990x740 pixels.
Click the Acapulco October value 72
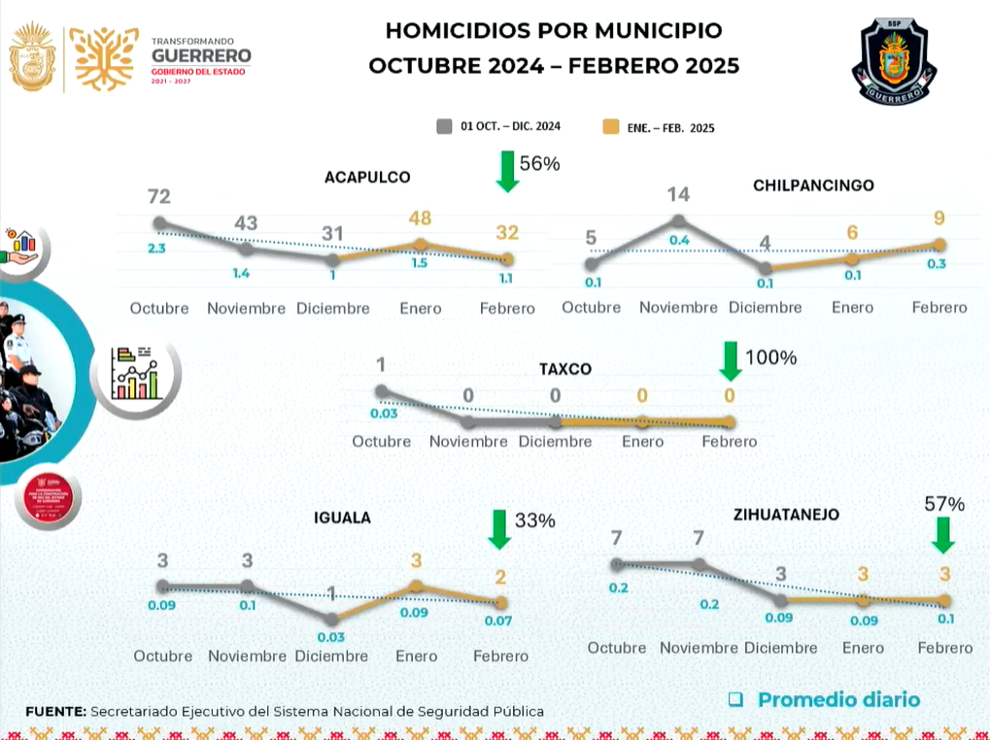pyautogui.click(x=159, y=196)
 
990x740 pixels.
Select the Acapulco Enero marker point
pyautogui.click(x=421, y=245)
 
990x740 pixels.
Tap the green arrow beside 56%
pyautogui.click(x=505, y=171)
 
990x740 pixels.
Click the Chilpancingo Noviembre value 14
pyautogui.click(x=678, y=194)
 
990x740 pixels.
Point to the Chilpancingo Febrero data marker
pyautogui.click(x=939, y=245)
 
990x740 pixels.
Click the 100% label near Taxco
pyautogui.click(x=770, y=357)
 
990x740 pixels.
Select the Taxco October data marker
pyautogui.click(x=382, y=391)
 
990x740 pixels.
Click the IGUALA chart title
pyautogui.click(x=342, y=518)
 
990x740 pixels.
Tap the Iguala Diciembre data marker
pyautogui.click(x=331, y=619)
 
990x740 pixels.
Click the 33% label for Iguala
pyautogui.click(x=535, y=521)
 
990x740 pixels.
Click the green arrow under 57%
pyautogui.click(x=942, y=534)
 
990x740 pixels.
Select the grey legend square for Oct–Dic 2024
pyautogui.click(x=445, y=126)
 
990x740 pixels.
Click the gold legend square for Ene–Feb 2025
pyautogui.click(x=610, y=126)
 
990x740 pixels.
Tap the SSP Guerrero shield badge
pyautogui.click(x=894, y=61)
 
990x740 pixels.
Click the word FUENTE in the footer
pyautogui.click(x=54, y=711)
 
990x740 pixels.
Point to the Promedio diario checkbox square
pyautogui.click(x=735, y=699)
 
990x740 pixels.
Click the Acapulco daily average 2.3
pyautogui.click(x=157, y=249)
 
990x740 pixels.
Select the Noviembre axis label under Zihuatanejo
pyautogui.click(x=700, y=648)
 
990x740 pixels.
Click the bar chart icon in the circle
pyautogui.click(x=135, y=372)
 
